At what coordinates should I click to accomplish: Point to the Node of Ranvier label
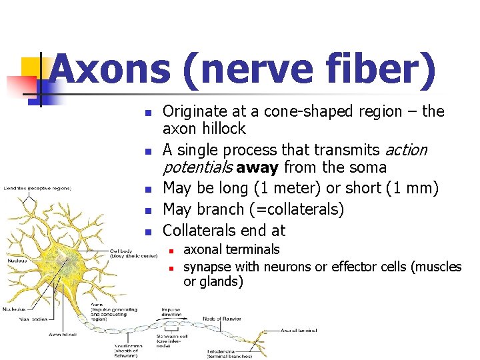221,319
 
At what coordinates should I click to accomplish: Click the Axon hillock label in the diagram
64,334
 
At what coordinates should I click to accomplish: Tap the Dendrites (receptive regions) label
37,188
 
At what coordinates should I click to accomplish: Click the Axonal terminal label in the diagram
298,330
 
